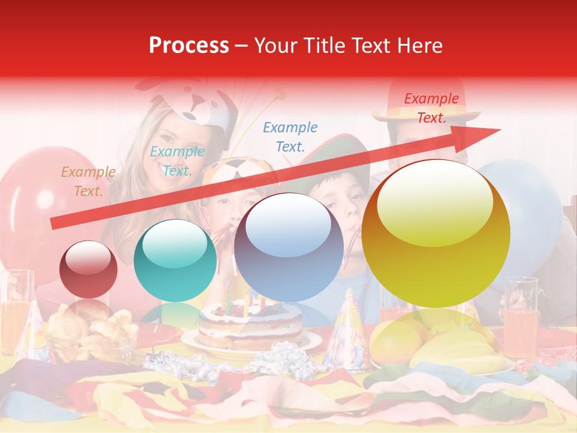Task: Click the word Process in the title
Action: (x=189, y=46)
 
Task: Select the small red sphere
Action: (x=88, y=269)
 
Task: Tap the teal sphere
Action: (x=175, y=260)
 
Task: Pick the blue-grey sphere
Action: (x=288, y=247)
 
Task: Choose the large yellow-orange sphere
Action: (x=436, y=233)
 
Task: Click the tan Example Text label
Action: (x=88, y=182)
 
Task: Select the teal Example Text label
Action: (x=177, y=161)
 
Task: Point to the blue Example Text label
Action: (x=290, y=137)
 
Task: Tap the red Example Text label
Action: (x=431, y=108)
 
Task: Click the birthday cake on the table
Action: (x=251, y=325)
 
